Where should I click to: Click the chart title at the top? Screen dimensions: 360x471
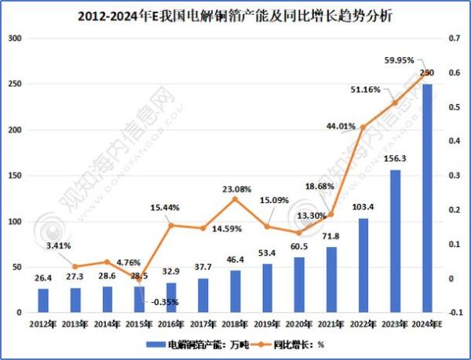[235, 14]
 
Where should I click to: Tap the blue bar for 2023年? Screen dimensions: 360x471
[395, 241]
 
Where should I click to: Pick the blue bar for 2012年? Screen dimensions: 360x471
[43, 300]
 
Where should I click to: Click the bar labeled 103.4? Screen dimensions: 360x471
[363, 265]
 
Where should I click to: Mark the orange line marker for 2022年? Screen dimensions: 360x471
[363, 127]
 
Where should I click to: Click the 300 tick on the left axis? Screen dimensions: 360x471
[14, 38]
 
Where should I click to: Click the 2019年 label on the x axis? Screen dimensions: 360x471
[267, 324]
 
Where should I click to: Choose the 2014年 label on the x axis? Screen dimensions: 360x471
[107, 324]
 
